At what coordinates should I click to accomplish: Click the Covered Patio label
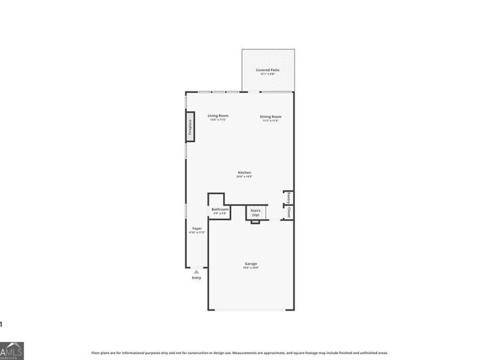click(268, 70)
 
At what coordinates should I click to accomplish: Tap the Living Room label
click(218, 116)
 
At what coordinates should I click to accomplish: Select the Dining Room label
click(270, 116)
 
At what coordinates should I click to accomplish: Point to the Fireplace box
click(189, 126)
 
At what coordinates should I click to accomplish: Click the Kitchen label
click(244, 172)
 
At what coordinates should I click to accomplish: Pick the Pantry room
click(288, 198)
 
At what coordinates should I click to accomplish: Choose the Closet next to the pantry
click(288, 212)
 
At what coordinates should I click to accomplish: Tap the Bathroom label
click(220, 209)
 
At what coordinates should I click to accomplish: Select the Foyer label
click(197, 228)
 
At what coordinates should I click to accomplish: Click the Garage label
click(251, 263)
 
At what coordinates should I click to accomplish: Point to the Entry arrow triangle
click(196, 271)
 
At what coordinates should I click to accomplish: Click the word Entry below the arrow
click(197, 278)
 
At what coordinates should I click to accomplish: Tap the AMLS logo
click(12, 351)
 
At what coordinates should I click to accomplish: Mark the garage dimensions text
click(251, 268)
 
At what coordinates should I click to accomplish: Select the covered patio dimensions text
click(268, 74)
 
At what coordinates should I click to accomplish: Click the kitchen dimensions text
click(244, 177)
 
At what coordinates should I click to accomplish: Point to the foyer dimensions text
click(197, 233)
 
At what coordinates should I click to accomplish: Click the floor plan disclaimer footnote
click(239, 353)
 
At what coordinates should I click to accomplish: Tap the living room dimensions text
click(218, 120)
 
